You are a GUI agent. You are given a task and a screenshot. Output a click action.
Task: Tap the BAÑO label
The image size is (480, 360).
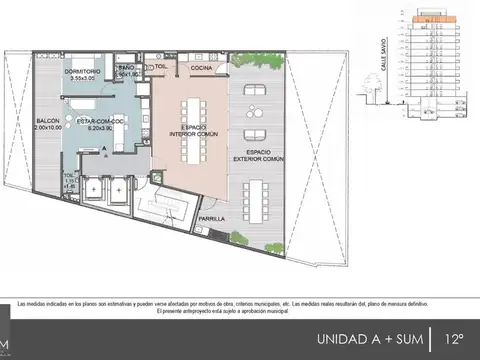pos(125,68)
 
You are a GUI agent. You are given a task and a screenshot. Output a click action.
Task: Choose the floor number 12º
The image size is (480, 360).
pos(455,338)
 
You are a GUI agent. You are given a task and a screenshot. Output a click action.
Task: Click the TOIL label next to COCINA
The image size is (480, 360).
pos(160,64)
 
